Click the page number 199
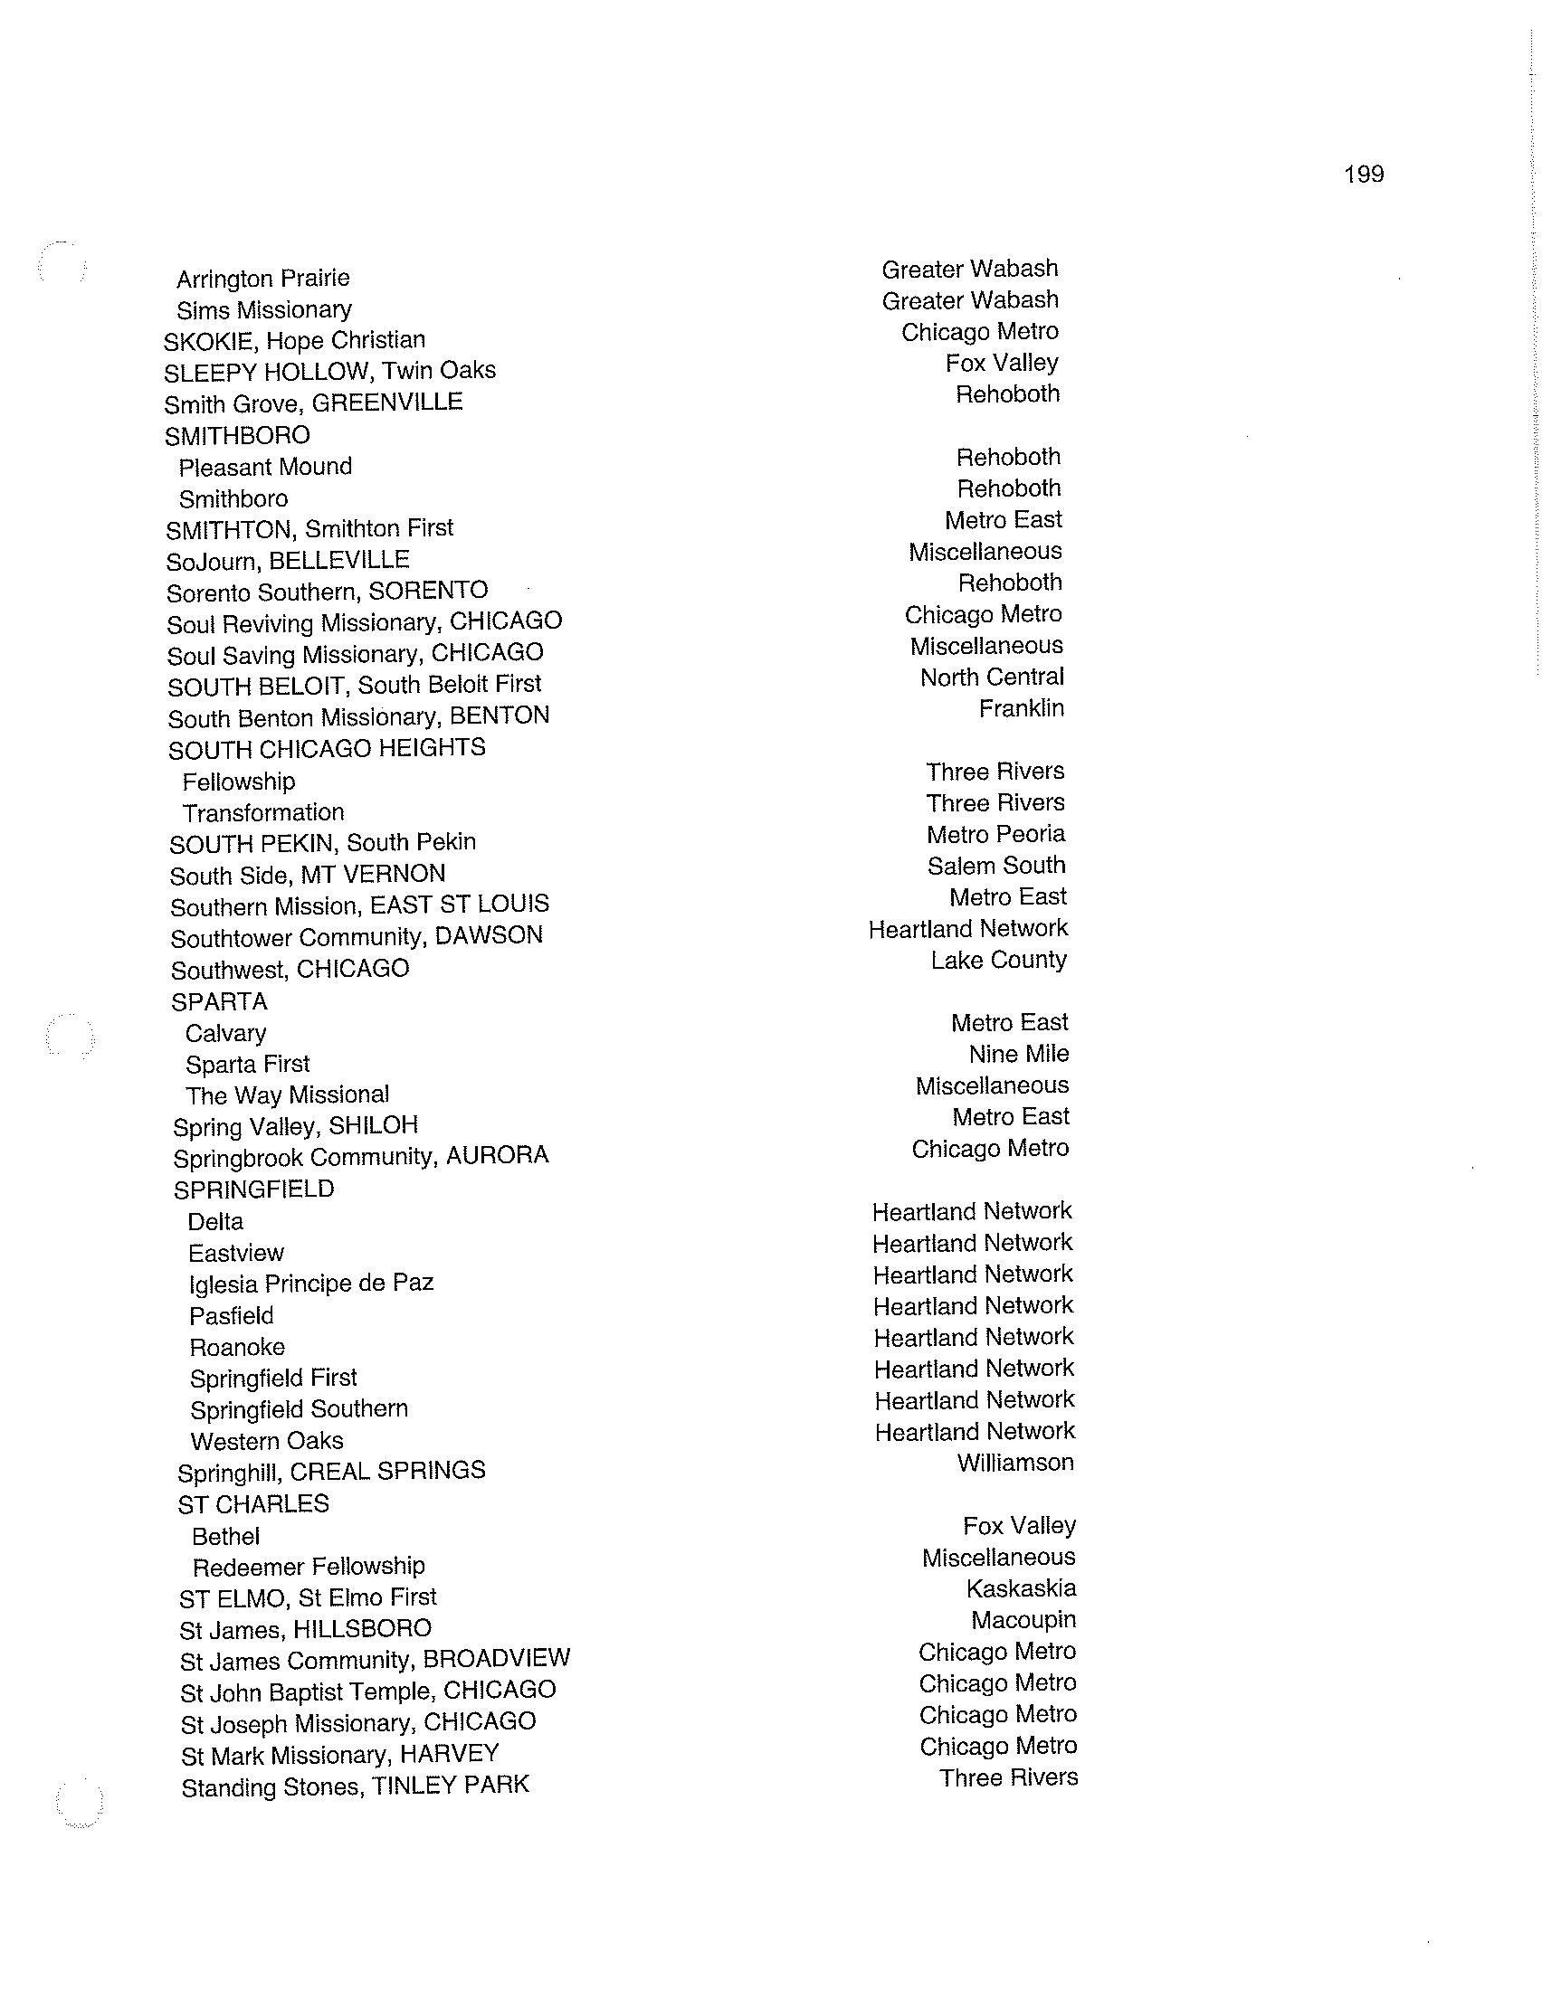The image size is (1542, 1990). (x=1364, y=174)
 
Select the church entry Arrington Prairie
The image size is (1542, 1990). (x=262, y=278)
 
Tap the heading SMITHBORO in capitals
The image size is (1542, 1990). (x=237, y=436)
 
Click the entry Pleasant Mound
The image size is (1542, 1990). (x=265, y=467)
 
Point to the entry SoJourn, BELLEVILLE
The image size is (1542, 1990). (x=288, y=561)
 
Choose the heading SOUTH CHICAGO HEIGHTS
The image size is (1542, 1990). (x=328, y=749)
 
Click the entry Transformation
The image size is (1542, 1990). (x=263, y=812)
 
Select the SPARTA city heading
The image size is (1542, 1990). (x=220, y=1001)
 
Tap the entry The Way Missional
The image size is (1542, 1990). (x=287, y=1094)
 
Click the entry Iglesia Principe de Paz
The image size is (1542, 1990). (x=310, y=1283)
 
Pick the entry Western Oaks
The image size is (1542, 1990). (x=267, y=1441)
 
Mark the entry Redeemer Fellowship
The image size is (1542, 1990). (x=309, y=1567)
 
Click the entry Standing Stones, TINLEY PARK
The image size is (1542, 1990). (x=356, y=1786)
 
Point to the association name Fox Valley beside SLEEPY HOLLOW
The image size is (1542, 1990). (x=1002, y=363)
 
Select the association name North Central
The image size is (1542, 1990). (x=992, y=677)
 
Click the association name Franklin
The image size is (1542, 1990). (x=1021, y=708)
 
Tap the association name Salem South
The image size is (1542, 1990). (x=996, y=865)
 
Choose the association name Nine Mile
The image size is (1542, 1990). (x=1019, y=1053)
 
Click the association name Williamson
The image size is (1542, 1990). (x=1015, y=1463)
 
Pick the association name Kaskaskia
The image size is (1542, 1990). (x=1021, y=1588)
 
